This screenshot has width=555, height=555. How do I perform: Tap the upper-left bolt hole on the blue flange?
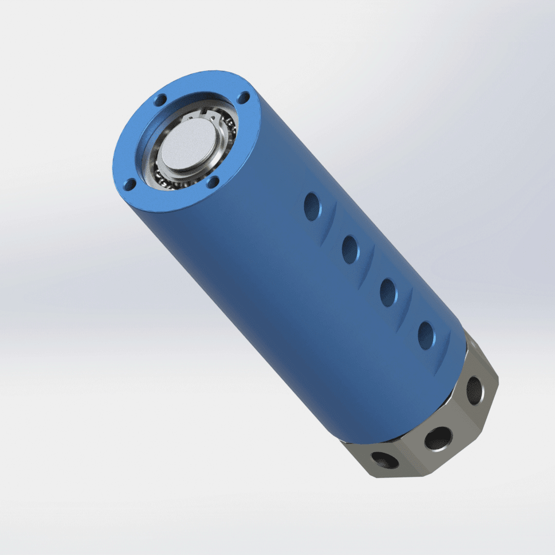tap(160, 100)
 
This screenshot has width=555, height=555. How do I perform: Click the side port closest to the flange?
tap(311, 207)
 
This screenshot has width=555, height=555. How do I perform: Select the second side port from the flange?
tap(350, 249)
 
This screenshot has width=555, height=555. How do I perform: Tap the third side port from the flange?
tap(388, 292)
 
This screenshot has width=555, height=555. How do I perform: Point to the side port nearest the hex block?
tap(426, 335)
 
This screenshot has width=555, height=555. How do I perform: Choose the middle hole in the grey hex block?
tap(438, 438)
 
